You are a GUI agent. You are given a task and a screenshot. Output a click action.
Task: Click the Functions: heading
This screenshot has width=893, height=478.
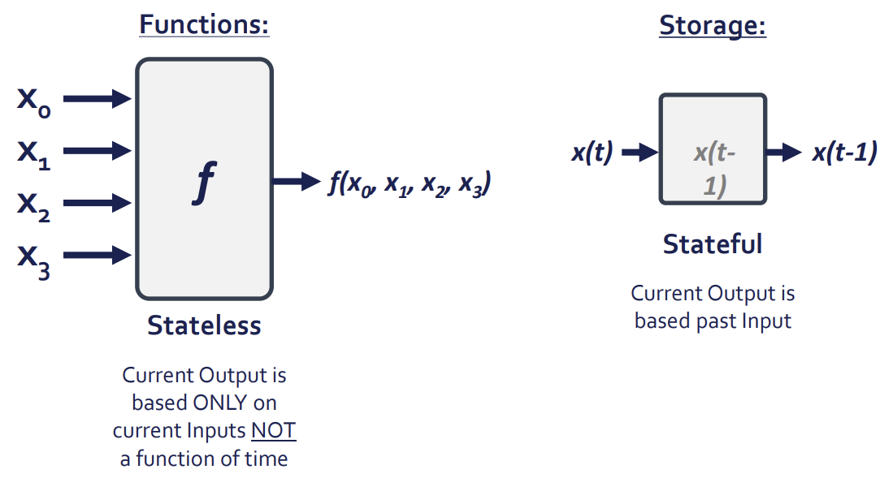[x=204, y=24]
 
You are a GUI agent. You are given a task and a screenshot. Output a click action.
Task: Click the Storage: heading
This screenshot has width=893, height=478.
[x=712, y=25]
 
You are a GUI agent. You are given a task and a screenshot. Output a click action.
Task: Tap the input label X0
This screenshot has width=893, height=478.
[x=33, y=101]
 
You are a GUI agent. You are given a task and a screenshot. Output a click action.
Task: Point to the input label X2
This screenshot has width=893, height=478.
[x=33, y=205]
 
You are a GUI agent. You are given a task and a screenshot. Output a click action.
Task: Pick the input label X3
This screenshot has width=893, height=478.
[x=33, y=259]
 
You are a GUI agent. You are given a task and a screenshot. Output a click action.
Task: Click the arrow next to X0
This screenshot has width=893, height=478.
[x=97, y=99]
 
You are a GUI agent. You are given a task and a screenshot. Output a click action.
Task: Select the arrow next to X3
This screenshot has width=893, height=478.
[x=97, y=256]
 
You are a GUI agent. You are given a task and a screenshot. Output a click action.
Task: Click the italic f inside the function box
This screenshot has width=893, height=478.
[x=204, y=182]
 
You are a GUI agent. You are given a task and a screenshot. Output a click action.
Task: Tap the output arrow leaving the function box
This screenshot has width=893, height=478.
[x=297, y=180]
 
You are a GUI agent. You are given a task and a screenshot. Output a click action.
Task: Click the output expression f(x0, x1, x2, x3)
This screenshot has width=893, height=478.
[x=409, y=184]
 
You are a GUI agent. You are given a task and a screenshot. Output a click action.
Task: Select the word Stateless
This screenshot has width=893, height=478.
[x=204, y=325]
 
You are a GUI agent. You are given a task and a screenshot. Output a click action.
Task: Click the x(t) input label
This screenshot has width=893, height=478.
[x=592, y=153]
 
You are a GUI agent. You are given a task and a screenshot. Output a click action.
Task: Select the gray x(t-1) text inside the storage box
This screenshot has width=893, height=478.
[x=713, y=169]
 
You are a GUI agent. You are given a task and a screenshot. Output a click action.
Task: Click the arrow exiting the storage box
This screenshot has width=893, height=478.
[x=784, y=152]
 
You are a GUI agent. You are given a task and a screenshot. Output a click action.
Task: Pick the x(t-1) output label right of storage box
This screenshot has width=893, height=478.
[x=844, y=153]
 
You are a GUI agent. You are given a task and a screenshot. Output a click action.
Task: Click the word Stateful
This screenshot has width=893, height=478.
[x=713, y=243]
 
